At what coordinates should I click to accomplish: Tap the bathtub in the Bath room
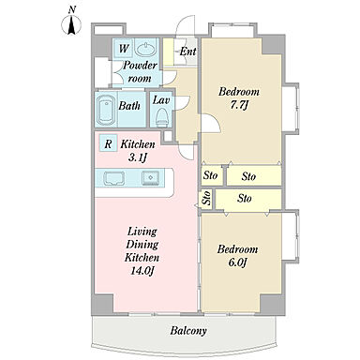pyautogui.click(x=106, y=109)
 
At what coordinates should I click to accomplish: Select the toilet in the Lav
pyautogui.click(x=161, y=116)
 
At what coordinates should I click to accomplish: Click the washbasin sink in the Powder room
pyautogui.click(x=145, y=49)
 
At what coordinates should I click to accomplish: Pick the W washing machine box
pyautogui.click(x=123, y=49)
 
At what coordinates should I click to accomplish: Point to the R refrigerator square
pyautogui.click(x=108, y=143)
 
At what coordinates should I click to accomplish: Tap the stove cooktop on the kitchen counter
pyautogui.click(x=113, y=179)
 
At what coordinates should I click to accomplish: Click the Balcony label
pyautogui.click(x=188, y=331)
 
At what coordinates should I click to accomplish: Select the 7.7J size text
pyautogui.click(x=239, y=105)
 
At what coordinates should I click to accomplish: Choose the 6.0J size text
pyautogui.click(x=238, y=262)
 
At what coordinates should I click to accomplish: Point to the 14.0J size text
pyautogui.click(x=142, y=271)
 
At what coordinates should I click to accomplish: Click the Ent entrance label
pyautogui.click(x=187, y=52)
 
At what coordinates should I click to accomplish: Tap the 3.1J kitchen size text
pyautogui.click(x=138, y=157)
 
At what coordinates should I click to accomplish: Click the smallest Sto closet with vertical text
pyautogui.click(x=206, y=198)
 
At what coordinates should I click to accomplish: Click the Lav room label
pyautogui.click(x=161, y=100)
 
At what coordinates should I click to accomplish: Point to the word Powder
pyautogui.click(x=140, y=66)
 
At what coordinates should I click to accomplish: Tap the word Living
pyautogui.click(x=142, y=232)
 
